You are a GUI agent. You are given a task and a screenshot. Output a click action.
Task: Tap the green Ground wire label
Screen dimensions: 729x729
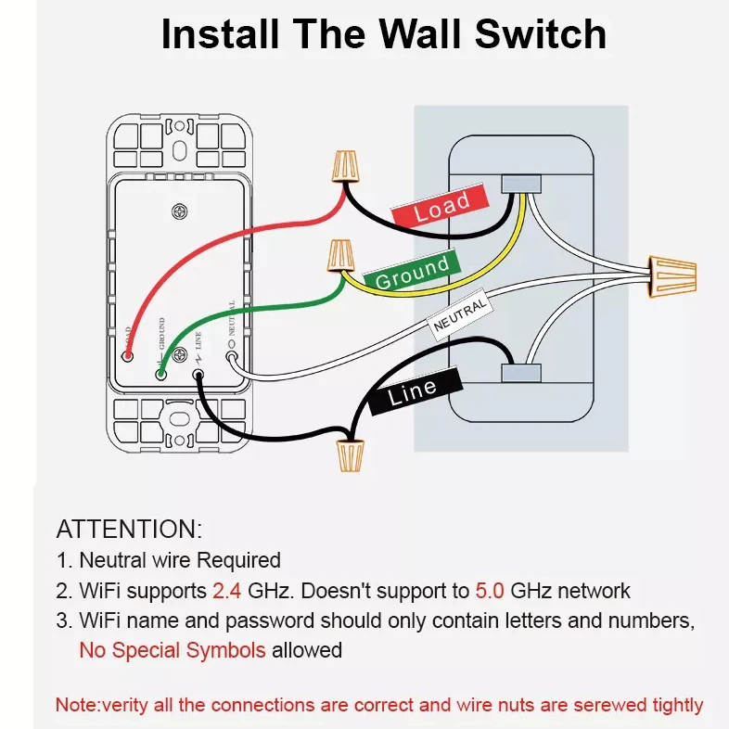point(412,271)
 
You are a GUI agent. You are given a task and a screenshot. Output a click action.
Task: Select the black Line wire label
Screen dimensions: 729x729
point(414,393)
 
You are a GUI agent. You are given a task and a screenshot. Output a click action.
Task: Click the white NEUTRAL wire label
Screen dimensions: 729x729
point(459,315)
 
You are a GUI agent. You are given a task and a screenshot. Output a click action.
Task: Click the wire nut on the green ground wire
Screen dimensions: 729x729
point(339,254)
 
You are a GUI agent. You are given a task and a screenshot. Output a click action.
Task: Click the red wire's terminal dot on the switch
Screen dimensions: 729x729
point(128,356)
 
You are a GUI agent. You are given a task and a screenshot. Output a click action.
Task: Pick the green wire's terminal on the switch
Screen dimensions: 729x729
point(161,373)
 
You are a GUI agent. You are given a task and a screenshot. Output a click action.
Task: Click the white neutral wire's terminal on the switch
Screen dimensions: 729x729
point(231,355)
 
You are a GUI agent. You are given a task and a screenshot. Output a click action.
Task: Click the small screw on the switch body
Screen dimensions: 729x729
point(178,212)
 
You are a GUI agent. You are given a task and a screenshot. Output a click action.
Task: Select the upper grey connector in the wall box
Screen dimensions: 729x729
point(520,183)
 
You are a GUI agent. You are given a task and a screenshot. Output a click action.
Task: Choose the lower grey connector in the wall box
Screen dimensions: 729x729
point(520,373)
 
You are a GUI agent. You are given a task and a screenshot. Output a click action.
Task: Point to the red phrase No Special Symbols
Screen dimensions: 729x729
point(173,650)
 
